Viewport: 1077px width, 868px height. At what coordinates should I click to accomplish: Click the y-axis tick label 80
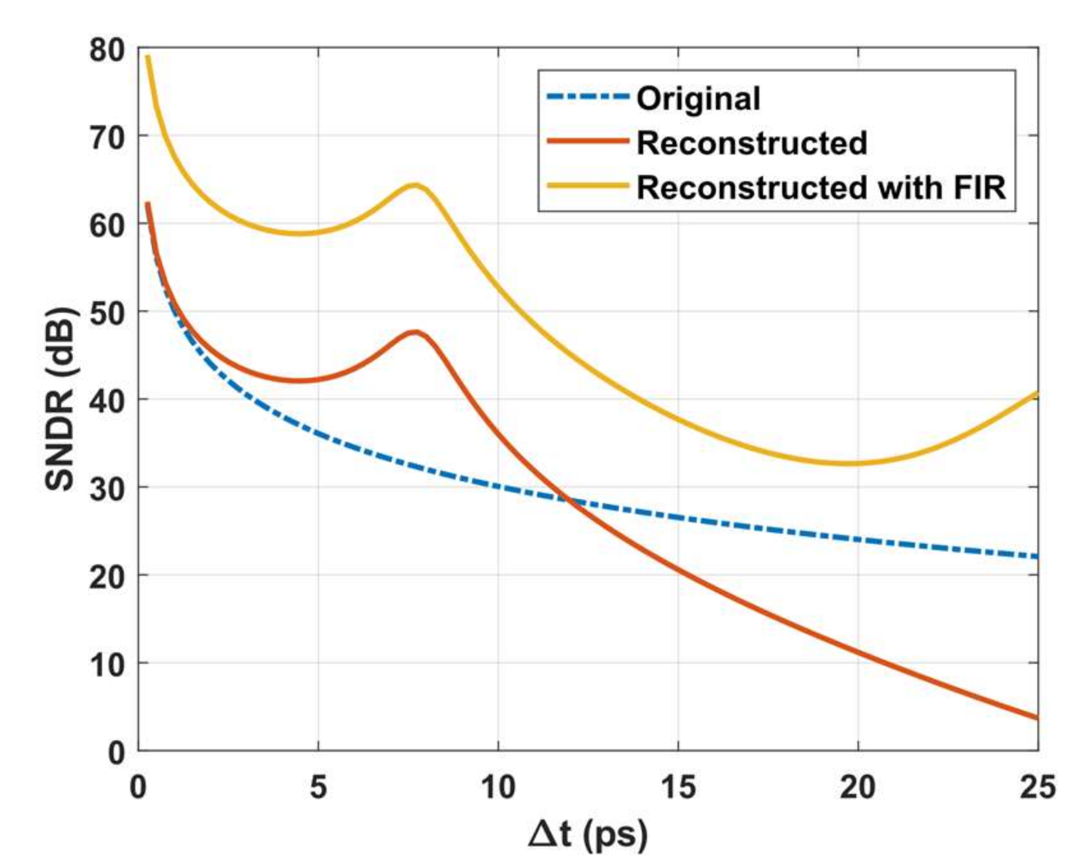[x=107, y=50]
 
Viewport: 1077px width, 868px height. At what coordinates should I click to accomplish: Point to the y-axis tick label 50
[x=107, y=313]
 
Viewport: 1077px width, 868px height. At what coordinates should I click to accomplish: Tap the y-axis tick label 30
[x=107, y=488]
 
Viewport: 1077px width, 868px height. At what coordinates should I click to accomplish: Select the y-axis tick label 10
[x=107, y=665]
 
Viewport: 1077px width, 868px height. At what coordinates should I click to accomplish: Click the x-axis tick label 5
[x=318, y=787]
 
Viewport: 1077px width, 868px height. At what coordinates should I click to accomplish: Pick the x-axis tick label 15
[x=678, y=787]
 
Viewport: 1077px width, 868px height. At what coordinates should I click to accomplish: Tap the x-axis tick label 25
[x=1037, y=787]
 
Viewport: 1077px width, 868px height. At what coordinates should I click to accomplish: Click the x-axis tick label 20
[x=858, y=787]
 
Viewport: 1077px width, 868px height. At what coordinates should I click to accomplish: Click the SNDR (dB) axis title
[x=61, y=399]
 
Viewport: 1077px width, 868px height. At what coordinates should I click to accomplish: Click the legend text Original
[x=698, y=99]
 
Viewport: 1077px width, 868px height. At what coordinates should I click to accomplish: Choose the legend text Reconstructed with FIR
[x=821, y=188]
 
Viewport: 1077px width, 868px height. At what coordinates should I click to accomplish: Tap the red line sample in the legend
[x=588, y=142]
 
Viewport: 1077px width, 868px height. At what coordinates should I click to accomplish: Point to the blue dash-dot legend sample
[x=588, y=98]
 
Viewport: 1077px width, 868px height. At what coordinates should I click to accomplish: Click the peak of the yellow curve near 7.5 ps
[x=415, y=185]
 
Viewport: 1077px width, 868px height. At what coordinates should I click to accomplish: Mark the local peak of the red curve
[x=415, y=332]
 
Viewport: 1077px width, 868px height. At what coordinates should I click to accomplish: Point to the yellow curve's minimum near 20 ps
[x=845, y=463]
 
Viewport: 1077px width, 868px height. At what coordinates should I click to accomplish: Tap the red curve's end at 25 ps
[x=1037, y=718]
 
